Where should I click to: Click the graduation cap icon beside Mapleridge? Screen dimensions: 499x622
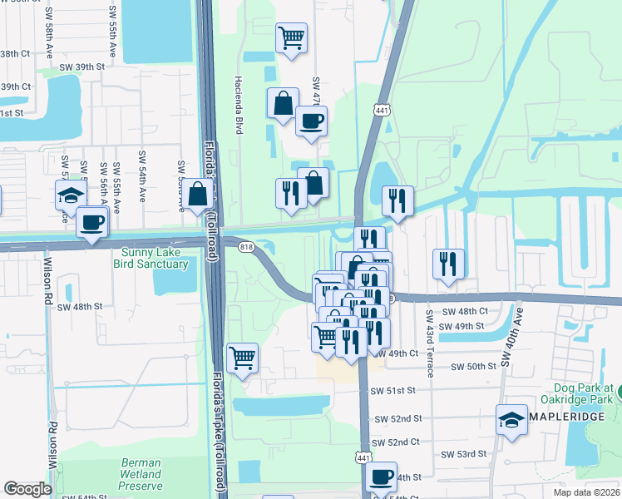pos(511,420)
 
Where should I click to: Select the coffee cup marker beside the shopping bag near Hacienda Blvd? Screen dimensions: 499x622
pos(311,121)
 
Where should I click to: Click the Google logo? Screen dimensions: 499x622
pos(27,489)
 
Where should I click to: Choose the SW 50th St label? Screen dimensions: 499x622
pos(473,367)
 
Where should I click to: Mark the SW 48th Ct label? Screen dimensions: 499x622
pos(466,311)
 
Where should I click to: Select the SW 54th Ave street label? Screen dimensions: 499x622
pos(142,174)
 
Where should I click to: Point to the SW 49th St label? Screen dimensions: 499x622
pos(463,325)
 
